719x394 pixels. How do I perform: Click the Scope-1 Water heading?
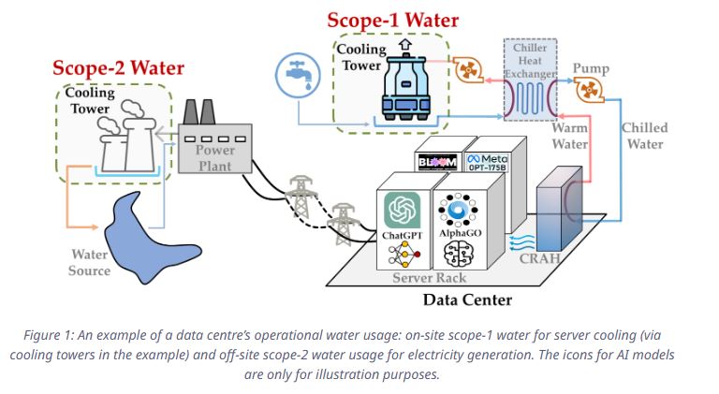coord(393,20)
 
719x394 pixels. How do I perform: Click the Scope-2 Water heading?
coord(118,67)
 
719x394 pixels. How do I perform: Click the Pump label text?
coord(591,69)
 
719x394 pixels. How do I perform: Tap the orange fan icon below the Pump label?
coord(590,92)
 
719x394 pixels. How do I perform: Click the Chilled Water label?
coord(645,136)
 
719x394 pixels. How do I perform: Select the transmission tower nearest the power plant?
coord(300,197)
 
